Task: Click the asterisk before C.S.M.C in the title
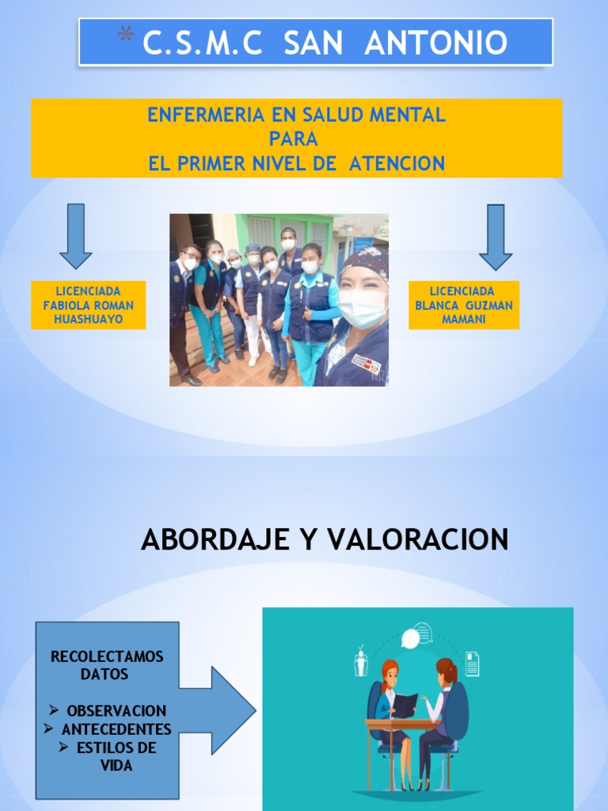[x=125, y=35]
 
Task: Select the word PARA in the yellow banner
[x=294, y=139]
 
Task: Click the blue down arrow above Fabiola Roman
[x=76, y=235]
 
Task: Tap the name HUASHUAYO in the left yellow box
[x=89, y=318]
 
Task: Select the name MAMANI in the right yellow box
[x=464, y=318]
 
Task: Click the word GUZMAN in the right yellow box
[x=488, y=305]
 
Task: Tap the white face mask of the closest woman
[x=362, y=307]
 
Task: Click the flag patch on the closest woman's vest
[x=366, y=364]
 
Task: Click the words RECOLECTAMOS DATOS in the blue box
[x=106, y=665]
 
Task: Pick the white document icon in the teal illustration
[x=472, y=664]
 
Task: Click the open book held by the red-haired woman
[x=405, y=704]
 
